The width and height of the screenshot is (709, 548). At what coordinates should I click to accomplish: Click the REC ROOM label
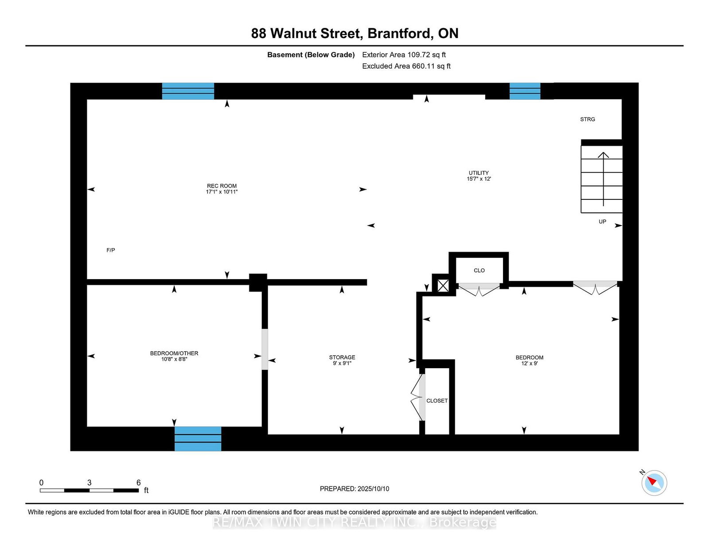[222, 186]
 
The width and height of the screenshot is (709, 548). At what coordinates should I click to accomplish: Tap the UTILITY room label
[479, 173]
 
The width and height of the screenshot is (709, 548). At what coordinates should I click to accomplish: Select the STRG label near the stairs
[588, 119]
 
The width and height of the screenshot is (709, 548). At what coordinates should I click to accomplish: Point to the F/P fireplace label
[111, 250]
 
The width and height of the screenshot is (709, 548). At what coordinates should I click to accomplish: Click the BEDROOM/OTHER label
[174, 353]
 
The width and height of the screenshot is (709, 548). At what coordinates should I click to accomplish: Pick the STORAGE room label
[342, 357]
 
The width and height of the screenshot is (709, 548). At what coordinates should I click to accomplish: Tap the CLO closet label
[479, 270]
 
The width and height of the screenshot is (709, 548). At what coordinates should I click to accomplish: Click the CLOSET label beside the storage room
[437, 400]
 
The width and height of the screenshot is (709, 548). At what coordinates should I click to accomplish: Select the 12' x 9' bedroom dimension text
[530, 363]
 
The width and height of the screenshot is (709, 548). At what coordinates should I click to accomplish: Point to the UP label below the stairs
[603, 222]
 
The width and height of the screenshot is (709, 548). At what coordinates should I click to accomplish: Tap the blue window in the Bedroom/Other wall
[198, 439]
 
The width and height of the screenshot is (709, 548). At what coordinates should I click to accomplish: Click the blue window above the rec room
[188, 91]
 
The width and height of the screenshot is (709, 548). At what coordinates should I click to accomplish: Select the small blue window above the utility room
[525, 91]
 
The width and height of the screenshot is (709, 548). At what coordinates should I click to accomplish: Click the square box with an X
[443, 285]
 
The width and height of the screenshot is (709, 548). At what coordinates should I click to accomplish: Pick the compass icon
[654, 482]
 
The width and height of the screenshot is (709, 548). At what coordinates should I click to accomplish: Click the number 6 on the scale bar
[139, 482]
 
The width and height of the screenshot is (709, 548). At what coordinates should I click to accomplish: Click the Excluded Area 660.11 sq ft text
[406, 66]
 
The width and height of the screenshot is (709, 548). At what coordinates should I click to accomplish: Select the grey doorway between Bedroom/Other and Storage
[265, 349]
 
